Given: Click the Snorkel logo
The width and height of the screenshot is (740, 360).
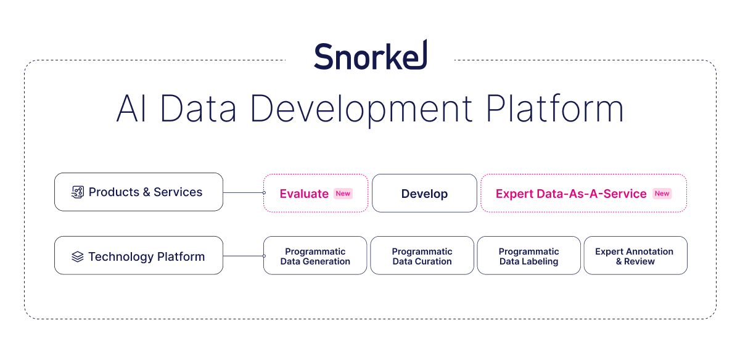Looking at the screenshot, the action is pyautogui.click(x=371, y=55).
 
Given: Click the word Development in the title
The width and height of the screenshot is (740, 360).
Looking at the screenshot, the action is pyautogui.click(x=361, y=110).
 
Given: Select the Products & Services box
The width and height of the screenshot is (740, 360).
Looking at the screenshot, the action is pyautogui.click(x=139, y=192).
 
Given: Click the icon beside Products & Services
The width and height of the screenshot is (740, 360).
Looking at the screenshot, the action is pyautogui.click(x=78, y=192).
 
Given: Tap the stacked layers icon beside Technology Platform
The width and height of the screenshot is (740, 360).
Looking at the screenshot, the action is pyautogui.click(x=78, y=256).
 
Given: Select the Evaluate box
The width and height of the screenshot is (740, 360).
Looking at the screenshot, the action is pyautogui.click(x=316, y=193).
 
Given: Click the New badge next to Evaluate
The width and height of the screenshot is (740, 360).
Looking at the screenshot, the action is pyautogui.click(x=343, y=194).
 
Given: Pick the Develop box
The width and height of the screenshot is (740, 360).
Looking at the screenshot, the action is pyautogui.click(x=424, y=193).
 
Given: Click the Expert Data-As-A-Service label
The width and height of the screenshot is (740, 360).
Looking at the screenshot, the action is pyautogui.click(x=571, y=194).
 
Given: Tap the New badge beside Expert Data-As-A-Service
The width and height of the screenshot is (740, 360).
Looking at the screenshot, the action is pyautogui.click(x=662, y=194).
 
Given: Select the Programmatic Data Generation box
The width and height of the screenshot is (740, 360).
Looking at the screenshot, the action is pyautogui.click(x=315, y=255).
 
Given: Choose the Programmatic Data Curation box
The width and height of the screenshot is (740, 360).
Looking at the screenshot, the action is pyautogui.click(x=422, y=255).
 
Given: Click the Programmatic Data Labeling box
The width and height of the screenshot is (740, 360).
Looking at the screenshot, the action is pyautogui.click(x=529, y=255).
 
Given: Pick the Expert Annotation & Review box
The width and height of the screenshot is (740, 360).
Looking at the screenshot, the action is pyautogui.click(x=636, y=255).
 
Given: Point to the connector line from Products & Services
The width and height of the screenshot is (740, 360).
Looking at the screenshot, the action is pyautogui.click(x=244, y=192).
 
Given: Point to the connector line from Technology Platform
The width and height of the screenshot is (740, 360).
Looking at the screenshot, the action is pyautogui.click(x=244, y=256).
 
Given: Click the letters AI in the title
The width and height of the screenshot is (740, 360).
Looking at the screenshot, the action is pyautogui.click(x=131, y=108).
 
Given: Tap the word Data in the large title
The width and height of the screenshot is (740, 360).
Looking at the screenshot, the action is pyautogui.click(x=198, y=108).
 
